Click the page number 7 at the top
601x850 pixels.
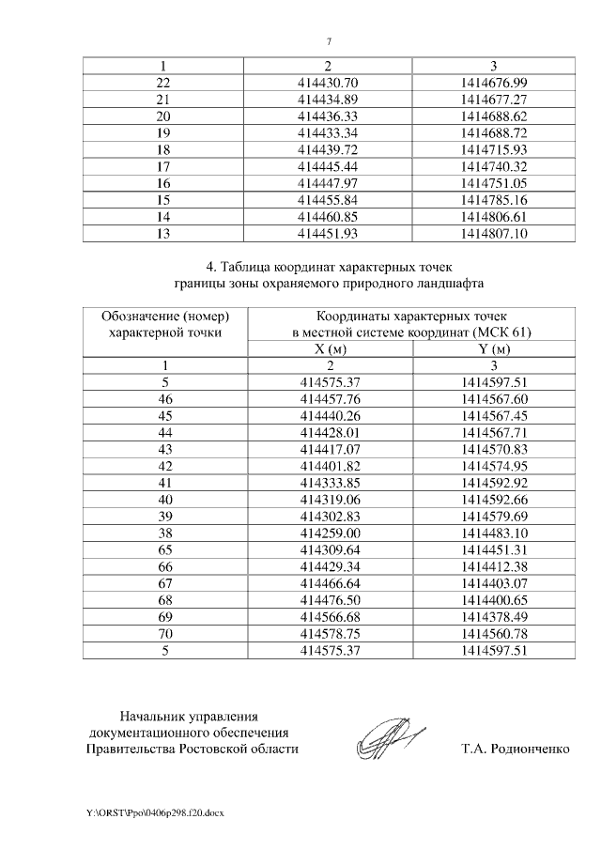click(x=329, y=41)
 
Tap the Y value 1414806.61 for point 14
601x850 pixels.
click(x=494, y=216)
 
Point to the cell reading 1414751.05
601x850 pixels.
click(x=494, y=183)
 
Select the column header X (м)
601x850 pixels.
click(x=328, y=349)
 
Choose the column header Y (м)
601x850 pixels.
click(x=494, y=349)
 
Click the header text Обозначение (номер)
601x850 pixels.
click(x=165, y=317)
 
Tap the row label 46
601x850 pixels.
click(x=165, y=398)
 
